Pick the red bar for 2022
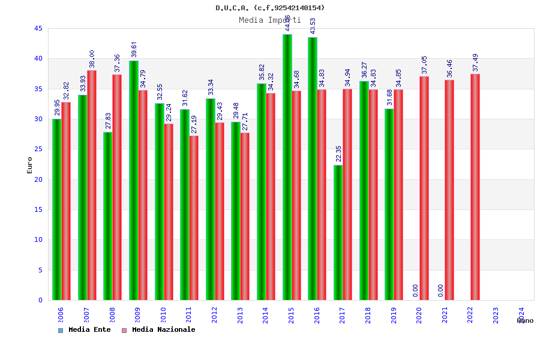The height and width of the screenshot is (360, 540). click(x=475, y=187)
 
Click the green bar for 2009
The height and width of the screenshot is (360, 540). click(x=134, y=180)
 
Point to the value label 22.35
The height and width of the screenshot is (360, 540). click(x=338, y=154)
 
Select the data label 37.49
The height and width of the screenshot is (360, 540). click(x=475, y=63)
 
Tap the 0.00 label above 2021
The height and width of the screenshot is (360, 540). click(x=441, y=290)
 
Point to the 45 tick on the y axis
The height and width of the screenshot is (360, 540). click(x=38, y=28)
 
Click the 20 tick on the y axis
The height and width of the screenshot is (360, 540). click(x=38, y=179)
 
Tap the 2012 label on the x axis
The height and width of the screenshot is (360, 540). click(x=215, y=315)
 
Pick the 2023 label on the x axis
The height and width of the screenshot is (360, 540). click(x=496, y=315)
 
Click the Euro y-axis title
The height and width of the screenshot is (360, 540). click(x=30, y=165)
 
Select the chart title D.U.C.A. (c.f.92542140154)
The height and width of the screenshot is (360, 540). click(x=270, y=8)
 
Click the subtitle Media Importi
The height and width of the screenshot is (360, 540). click(x=270, y=20)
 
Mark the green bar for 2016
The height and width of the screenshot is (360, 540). click(x=313, y=169)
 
